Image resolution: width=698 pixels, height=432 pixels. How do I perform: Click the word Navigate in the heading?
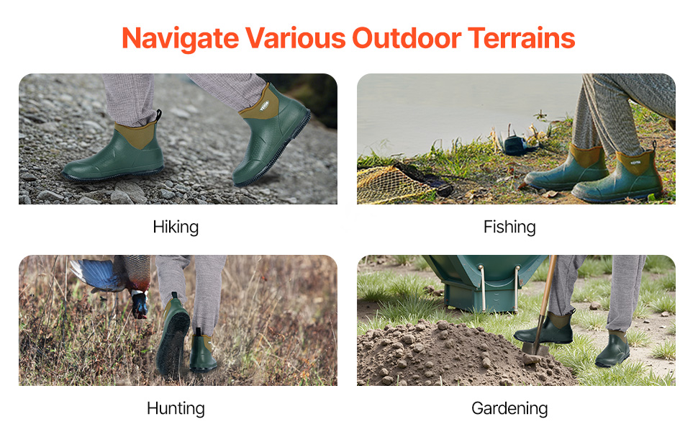point(181,39)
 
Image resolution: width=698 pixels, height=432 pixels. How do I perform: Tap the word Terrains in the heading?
point(521,37)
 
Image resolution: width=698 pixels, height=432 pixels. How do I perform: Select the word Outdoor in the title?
point(407,37)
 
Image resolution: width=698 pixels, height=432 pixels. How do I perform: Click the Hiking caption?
point(176,227)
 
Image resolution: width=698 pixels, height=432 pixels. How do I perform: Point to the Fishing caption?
point(509,227)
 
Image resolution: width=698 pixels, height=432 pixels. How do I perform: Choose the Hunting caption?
point(176,408)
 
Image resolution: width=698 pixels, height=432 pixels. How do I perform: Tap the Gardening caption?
point(509,408)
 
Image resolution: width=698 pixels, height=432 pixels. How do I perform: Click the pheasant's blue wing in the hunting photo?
point(95,274)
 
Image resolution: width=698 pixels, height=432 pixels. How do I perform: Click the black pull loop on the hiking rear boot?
point(158,115)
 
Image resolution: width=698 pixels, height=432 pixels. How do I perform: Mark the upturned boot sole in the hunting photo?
point(173,343)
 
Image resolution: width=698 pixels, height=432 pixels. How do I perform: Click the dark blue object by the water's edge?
point(517,145)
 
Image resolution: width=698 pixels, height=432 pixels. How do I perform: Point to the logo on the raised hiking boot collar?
point(265,106)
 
